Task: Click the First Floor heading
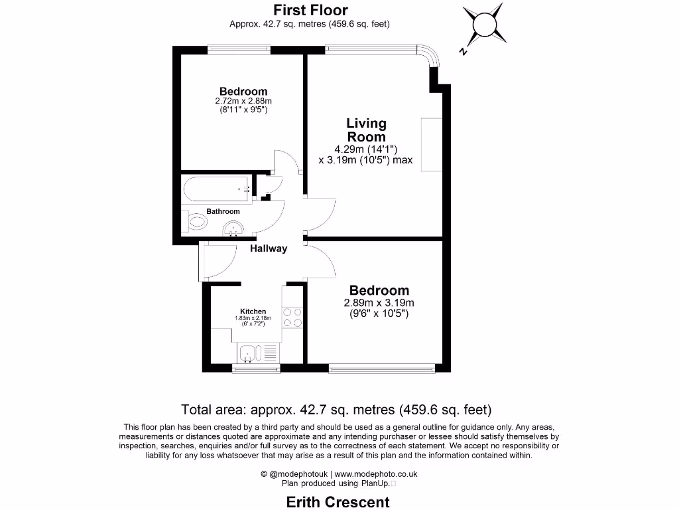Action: click(x=310, y=10)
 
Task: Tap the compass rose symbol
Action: click(x=483, y=25)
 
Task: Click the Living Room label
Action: click(x=366, y=129)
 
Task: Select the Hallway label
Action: click(x=269, y=248)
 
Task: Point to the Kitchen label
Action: click(x=253, y=311)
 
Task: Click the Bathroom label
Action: click(x=223, y=211)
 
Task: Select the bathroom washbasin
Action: click(x=233, y=230)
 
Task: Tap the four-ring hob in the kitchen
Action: click(x=292, y=317)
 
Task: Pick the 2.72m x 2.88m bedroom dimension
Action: click(x=243, y=101)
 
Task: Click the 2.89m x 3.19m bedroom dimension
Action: click(x=379, y=303)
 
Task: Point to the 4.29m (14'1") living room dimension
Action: click(x=365, y=149)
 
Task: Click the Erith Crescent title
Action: click(x=338, y=501)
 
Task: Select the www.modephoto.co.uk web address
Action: click(x=375, y=474)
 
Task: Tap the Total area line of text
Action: click(x=336, y=409)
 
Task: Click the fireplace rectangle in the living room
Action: click(x=431, y=145)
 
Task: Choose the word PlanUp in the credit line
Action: click(x=371, y=483)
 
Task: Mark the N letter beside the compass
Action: click(x=463, y=51)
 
